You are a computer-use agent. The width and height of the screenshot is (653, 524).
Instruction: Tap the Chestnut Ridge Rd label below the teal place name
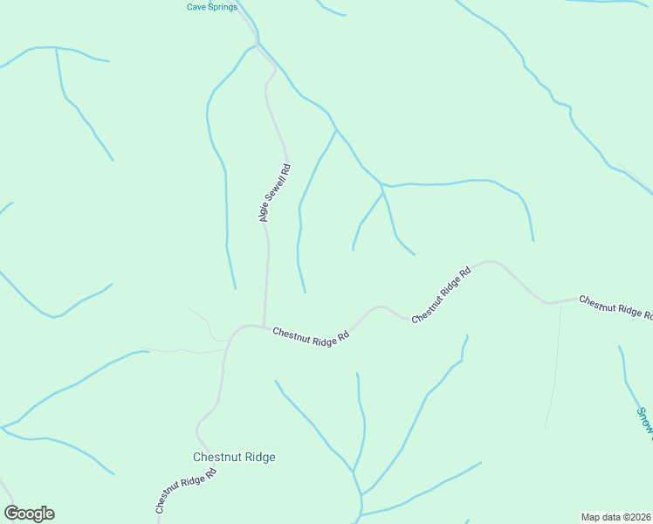point(185,493)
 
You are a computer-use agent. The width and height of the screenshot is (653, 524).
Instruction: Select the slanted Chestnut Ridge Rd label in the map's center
point(442,294)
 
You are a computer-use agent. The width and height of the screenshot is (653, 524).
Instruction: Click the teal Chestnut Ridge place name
point(234,457)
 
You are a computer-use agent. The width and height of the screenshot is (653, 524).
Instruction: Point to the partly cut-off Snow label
point(644,419)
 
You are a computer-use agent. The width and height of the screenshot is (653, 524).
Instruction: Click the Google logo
point(29,514)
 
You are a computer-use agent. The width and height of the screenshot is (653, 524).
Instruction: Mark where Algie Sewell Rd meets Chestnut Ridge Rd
point(264,327)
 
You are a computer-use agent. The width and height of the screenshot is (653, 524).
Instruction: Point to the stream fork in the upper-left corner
point(56,47)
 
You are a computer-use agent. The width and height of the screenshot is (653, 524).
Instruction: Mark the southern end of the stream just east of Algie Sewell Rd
point(305,292)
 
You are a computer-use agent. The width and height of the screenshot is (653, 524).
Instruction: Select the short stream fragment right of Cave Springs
point(331,10)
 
